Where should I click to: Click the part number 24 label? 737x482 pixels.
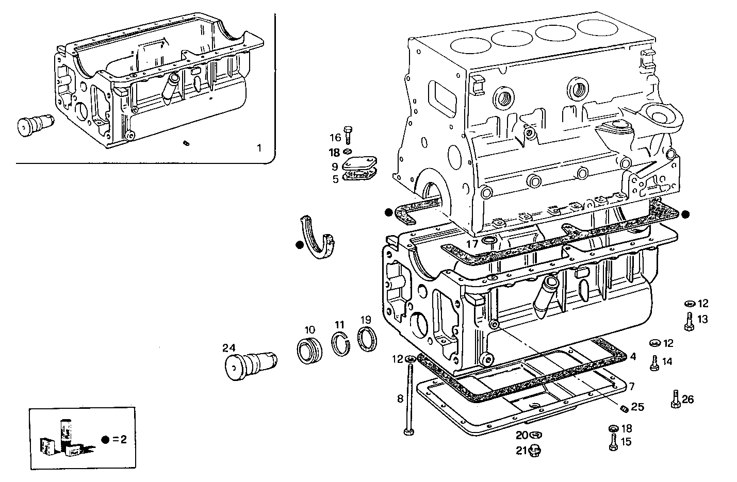tap(228, 347)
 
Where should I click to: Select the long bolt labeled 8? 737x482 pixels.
tap(409, 397)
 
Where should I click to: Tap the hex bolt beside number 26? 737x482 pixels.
tap(675, 399)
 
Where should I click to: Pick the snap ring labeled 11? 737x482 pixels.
tap(340, 344)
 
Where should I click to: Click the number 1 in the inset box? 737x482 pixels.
tap(259, 148)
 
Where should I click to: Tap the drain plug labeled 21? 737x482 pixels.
tap(535, 451)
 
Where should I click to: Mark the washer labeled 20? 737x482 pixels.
tap(535, 435)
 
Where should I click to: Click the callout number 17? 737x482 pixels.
tap(472, 243)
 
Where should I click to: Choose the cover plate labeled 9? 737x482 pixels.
tap(359, 164)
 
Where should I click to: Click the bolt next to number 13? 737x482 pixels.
tap(689, 321)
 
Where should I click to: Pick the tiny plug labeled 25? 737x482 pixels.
tap(623, 409)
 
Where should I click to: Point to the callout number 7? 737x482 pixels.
tap(631, 386)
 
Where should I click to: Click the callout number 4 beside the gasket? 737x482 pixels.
tap(633, 356)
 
